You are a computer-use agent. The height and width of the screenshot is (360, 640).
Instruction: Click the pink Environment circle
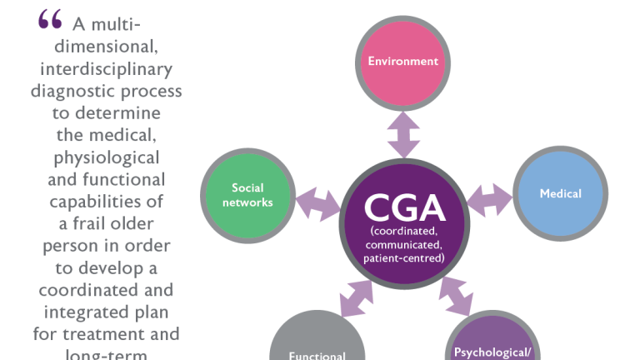point(403,60)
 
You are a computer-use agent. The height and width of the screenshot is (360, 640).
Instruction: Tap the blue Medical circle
point(560,194)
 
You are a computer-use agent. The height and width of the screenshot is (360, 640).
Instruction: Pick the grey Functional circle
point(317,346)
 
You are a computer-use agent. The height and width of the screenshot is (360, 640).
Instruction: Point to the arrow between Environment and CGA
point(404,133)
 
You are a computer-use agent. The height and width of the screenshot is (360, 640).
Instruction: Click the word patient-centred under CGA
point(404,258)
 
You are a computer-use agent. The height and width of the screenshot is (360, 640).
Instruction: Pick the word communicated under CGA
point(404,244)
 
